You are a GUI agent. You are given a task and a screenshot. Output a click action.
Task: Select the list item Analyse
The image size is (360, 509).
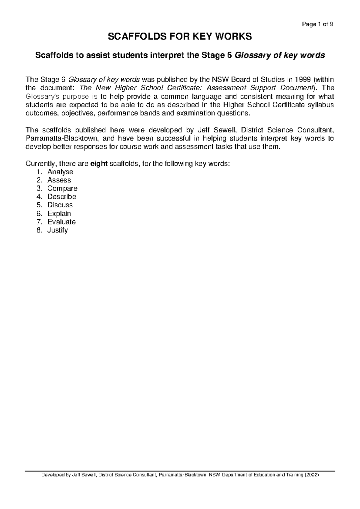60,172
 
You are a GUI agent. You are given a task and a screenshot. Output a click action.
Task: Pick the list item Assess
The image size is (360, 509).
59,180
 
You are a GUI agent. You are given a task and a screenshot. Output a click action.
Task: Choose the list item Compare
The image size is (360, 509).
62,188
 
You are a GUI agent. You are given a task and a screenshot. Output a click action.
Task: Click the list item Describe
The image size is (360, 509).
62,197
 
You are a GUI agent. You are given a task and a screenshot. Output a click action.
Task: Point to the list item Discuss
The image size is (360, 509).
60,205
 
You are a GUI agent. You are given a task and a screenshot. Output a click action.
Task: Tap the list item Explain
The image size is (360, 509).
59,214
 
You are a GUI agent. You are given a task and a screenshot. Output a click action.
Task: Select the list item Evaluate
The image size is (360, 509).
61,222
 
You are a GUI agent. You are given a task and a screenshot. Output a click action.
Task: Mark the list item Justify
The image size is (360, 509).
58,230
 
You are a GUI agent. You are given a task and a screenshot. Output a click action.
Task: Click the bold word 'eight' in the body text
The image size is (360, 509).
99,164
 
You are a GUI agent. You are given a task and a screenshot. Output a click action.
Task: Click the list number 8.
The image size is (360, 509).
39,230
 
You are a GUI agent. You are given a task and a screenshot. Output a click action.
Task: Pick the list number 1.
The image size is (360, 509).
39,172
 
